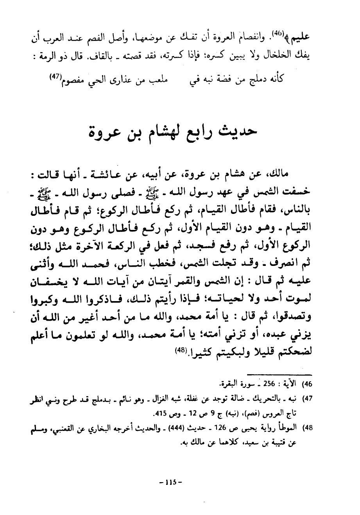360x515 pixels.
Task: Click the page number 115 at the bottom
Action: (171, 482)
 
